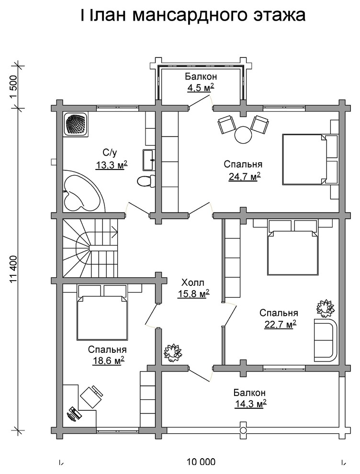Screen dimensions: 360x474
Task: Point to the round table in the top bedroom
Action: (243, 135)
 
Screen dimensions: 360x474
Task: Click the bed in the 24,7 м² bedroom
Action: (310, 158)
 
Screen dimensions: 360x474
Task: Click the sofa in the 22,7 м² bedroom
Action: (326, 339)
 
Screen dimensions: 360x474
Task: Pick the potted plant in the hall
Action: (173, 352)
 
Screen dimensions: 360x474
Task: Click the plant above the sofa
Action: (325, 308)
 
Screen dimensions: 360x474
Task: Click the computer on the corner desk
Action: (74, 413)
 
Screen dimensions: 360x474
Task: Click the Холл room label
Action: (192, 282)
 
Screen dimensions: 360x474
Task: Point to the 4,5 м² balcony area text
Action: (201, 88)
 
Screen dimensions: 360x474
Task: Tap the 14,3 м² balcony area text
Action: (250, 403)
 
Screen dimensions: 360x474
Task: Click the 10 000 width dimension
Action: (201, 462)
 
